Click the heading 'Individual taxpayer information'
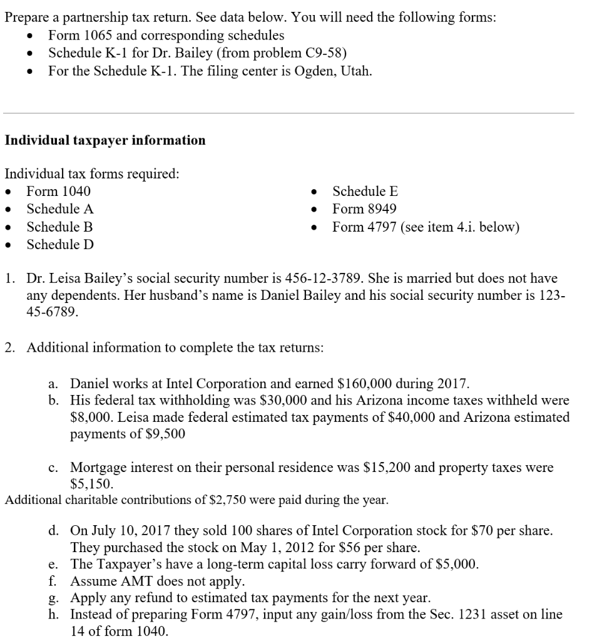[105, 140]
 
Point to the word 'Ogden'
[305, 71]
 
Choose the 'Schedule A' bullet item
[60, 209]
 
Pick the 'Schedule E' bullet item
[365, 192]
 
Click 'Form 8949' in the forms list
[364, 209]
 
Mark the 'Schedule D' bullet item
[60, 244]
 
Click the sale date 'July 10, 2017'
[127, 531]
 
